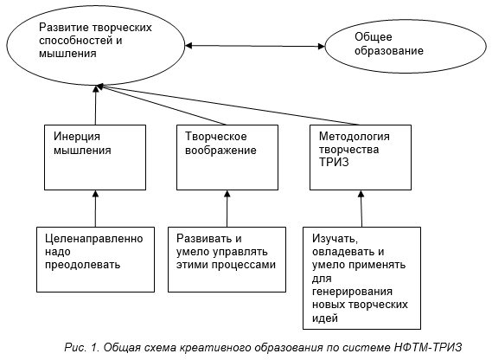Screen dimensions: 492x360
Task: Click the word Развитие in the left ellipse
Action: tap(64, 28)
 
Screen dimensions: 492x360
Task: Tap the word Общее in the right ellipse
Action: tap(373, 36)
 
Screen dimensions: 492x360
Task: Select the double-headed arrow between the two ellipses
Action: tap(255, 46)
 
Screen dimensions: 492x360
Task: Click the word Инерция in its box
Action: tap(77, 137)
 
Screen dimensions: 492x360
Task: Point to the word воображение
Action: tap(220, 151)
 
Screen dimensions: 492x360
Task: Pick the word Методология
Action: tap(355, 137)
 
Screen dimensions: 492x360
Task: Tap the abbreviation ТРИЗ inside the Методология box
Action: tap(334, 162)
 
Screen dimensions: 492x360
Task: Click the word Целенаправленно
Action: tap(94, 239)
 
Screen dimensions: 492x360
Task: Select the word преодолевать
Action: tap(82, 265)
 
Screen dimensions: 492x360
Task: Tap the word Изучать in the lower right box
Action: tap(335, 239)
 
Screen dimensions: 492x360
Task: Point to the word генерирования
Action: tap(352, 292)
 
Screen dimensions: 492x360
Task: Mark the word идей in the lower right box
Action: tap(325, 318)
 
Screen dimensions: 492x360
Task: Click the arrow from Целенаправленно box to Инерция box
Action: tap(95, 209)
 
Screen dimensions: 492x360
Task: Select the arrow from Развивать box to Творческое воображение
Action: tap(227, 209)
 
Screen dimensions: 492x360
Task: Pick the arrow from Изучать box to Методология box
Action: tap(361, 209)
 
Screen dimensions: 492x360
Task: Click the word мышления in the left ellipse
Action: tap(67, 54)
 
